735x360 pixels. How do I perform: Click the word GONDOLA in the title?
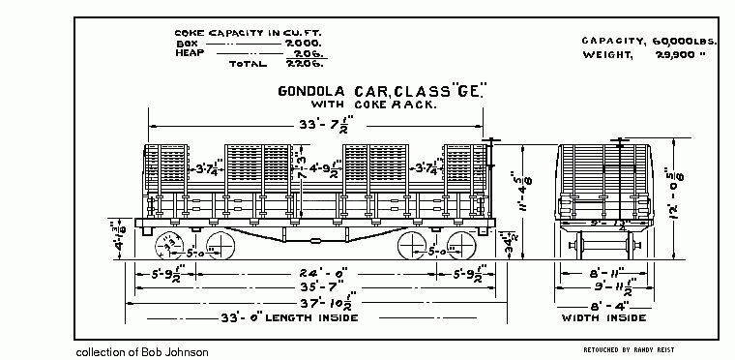coord(311,93)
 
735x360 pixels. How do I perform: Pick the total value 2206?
coord(306,64)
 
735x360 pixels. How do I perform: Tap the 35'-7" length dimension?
coord(314,288)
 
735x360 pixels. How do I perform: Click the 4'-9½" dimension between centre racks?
coord(318,167)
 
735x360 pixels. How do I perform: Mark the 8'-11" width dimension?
coord(605,273)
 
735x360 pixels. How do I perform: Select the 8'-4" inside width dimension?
coord(605,304)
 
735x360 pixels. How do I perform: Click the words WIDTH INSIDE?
coord(603,318)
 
